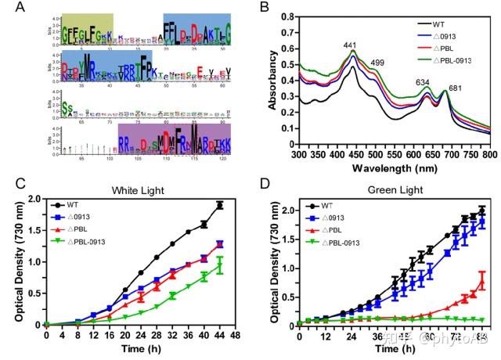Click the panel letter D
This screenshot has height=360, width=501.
pos(264,186)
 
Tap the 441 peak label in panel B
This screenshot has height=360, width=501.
pos(349,45)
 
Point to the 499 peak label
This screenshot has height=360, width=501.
pos(377,63)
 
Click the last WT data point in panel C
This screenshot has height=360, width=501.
pos(220,205)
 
